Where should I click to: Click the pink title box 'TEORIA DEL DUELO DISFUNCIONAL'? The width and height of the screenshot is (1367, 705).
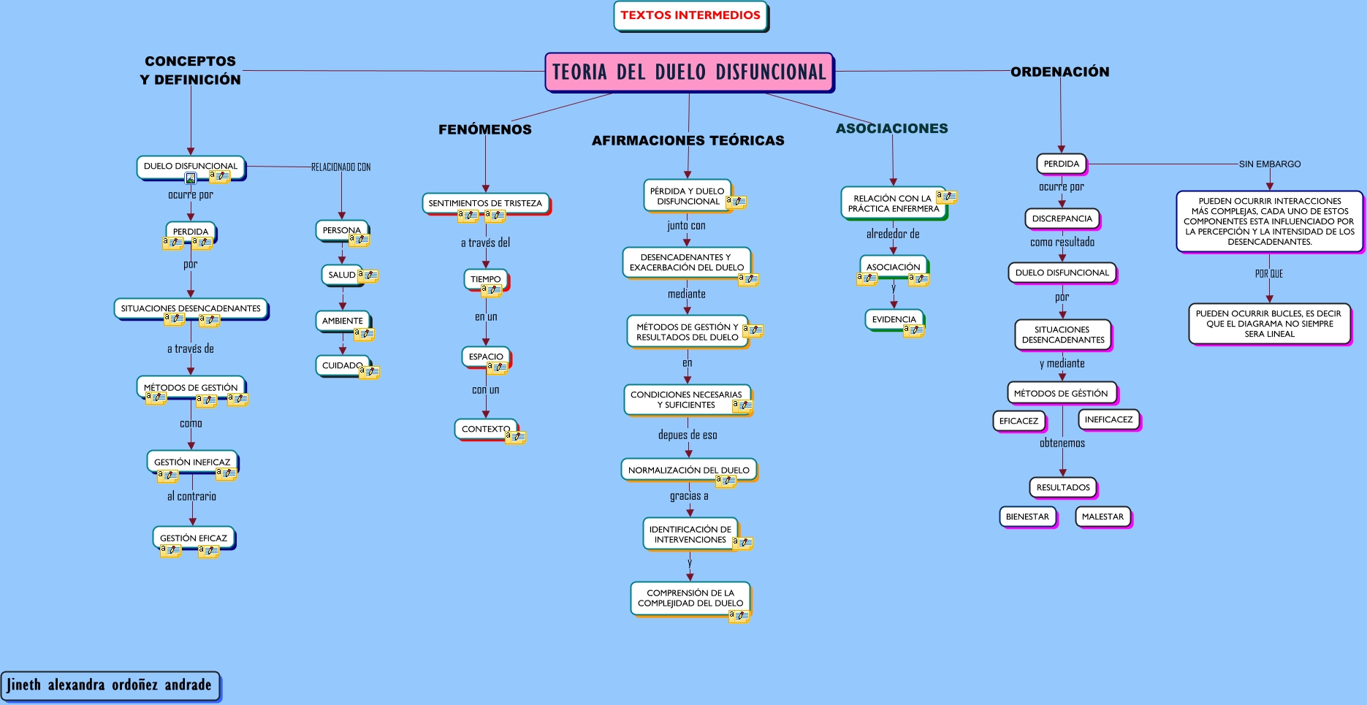coord(689,72)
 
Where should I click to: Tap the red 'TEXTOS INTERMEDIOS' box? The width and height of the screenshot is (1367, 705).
coord(690,15)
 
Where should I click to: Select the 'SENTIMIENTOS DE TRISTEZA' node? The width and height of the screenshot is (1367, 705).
coord(485,203)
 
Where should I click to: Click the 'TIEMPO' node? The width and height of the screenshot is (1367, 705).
coord(485,279)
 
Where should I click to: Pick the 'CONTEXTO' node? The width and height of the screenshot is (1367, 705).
coord(485,429)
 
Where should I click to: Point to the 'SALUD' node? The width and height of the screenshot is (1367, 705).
coord(341,275)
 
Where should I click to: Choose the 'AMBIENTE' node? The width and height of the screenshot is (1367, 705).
coord(342,321)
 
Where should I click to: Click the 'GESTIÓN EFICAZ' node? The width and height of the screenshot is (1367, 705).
coord(194,538)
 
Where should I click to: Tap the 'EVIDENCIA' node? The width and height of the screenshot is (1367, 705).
coord(894,319)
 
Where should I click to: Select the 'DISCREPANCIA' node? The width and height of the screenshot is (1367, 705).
coord(1062,218)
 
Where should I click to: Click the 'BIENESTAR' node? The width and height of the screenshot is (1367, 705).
coord(1027,517)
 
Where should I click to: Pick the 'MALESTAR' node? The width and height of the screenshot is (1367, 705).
coord(1103,517)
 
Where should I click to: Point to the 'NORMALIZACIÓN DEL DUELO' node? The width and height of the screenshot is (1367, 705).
coord(688,470)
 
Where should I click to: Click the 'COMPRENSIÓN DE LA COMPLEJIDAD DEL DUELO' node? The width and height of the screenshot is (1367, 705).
coord(690,598)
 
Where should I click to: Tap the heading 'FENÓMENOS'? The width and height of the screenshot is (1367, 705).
coord(485,129)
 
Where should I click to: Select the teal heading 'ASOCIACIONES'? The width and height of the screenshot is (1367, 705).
coord(891,129)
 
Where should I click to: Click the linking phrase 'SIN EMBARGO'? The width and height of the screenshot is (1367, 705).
coord(1270,164)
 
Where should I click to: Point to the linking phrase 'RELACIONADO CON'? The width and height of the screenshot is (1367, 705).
coord(340,167)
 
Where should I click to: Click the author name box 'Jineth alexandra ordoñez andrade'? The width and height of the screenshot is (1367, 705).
coord(110,685)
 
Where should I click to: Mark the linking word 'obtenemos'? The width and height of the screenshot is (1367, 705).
coord(1062,443)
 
